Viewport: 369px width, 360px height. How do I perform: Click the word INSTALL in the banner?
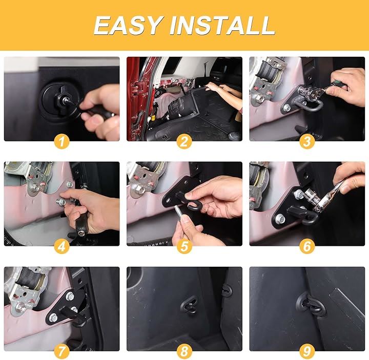click(222, 25)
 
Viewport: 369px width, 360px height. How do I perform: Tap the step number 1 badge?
click(61, 141)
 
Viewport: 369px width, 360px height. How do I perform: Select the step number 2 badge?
click(184, 141)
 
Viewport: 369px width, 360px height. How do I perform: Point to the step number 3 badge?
click(307, 141)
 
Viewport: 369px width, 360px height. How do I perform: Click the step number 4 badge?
click(61, 246)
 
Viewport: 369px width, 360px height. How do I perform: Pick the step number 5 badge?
click(184, 246)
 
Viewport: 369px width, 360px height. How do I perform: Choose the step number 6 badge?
click(307, 246)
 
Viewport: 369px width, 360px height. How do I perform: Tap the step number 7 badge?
click(61, 351)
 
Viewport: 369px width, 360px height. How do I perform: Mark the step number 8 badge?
click(184, 351)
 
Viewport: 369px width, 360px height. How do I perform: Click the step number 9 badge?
click(307, 351)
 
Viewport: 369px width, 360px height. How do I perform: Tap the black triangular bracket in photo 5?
click(178, 191)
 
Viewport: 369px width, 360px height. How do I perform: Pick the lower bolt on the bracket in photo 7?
click(53, 317)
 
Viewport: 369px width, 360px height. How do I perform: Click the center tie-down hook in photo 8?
click(190, 305)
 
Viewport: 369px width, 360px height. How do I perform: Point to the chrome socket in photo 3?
click(306, 92)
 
